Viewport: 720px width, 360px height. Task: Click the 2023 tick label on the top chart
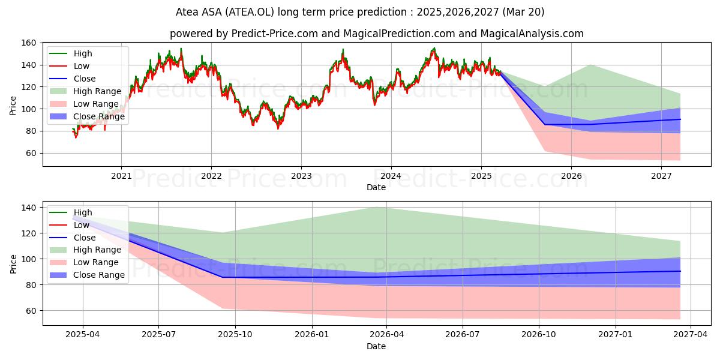click(301, 176)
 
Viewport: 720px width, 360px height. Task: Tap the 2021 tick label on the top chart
click(121, 176)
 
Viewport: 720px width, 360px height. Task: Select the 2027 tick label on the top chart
click(661, 176)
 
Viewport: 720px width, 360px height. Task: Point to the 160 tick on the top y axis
click(28, 43)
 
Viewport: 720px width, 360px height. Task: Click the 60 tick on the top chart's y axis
click(31, 154)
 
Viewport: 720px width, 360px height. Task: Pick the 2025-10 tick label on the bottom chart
click(235, 335)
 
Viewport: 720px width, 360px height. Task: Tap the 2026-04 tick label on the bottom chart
click(386, 335)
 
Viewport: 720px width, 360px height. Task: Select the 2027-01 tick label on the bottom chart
click(615, 335)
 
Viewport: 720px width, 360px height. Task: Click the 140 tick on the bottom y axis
click(28, 208)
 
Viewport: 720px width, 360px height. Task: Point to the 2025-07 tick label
click(159, 335)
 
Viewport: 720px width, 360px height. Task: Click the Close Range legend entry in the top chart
click(87, 116)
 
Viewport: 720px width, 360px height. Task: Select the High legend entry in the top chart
click(71, 53)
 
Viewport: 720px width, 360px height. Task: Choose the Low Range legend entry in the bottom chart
click(84, 262)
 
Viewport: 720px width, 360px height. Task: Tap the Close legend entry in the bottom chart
click(73, 238)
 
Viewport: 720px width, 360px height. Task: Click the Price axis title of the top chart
click(13, 106)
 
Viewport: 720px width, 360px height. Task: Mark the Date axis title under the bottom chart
click(376, 346)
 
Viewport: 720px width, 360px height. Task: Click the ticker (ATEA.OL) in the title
click(250, 12)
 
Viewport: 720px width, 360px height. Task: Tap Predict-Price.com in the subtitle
click(275, 34)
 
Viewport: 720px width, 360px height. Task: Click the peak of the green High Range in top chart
click(591, 65)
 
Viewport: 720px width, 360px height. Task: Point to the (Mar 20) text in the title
click(523, 12)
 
